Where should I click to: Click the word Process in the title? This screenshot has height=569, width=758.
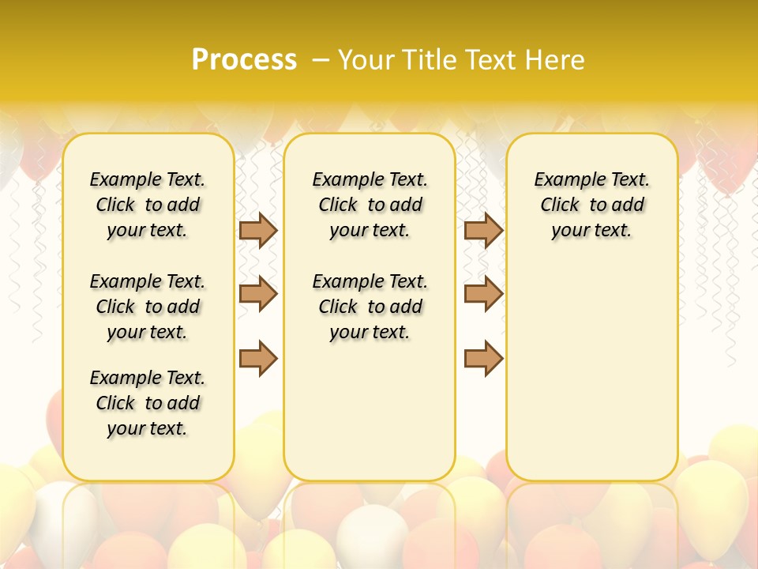[244, 60]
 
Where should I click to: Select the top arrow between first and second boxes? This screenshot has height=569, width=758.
[258, 230]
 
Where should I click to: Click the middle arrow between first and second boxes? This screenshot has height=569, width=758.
[258, 294]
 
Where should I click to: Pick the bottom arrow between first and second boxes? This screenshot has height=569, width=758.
[258, 359]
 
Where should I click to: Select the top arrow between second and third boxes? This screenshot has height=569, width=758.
[483, 230]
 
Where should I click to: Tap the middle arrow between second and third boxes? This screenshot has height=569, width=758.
[483, 294]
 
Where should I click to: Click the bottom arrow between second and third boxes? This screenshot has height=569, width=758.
[483, 359]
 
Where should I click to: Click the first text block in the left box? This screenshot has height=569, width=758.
[148, 205]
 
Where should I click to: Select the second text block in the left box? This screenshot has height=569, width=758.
[148, 307]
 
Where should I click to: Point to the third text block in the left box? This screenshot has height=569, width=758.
[148, 403]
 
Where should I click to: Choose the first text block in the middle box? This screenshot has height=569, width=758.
[370, 205]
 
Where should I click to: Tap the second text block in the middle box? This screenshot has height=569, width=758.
[370, 307]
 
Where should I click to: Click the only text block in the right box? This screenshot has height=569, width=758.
[592, 205]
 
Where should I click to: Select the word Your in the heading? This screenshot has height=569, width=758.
[367, 60]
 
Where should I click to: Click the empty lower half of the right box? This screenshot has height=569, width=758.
[592, 379]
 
